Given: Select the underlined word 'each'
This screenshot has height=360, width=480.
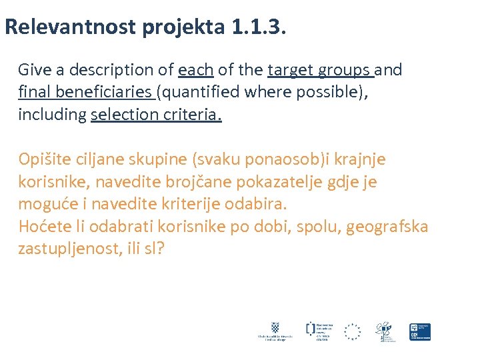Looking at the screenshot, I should click(196, 70).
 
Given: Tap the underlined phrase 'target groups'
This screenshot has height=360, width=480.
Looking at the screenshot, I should click(319, 70).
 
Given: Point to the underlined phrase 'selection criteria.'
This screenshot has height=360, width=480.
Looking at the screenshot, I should click(156, 115).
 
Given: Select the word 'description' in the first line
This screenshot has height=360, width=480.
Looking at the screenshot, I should click(117, 70).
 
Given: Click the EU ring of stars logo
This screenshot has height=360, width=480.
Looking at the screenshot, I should click(352, 331).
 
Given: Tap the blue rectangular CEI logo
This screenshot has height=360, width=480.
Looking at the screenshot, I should click(420, 331).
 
